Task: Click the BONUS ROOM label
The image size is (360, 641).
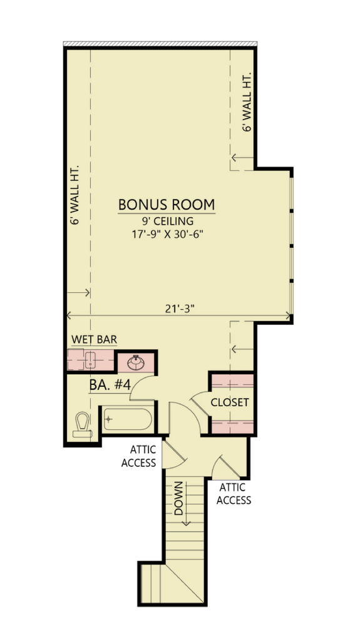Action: [x=167, y=204]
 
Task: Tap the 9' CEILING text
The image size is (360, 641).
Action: [x=167, y=222]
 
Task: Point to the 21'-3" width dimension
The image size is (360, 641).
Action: [x=179, y=309]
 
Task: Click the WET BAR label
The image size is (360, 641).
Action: [x=94, y=339]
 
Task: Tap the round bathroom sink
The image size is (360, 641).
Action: [x=135, y=362]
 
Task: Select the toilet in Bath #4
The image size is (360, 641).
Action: [x=83, y=424]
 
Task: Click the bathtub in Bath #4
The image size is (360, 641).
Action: [x=128, y=419]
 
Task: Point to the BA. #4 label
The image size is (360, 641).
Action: [x=110, y=385]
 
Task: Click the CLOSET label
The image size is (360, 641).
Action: [x=230, y=403]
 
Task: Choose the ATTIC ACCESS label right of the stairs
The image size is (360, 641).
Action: [x=234, y=494]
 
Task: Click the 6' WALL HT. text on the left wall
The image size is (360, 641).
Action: [x=75, y=195]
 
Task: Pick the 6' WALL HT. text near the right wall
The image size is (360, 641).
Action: [x=247, y=102]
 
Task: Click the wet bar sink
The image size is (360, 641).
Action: [x=90, y=360]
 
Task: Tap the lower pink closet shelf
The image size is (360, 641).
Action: [x=232, y=427]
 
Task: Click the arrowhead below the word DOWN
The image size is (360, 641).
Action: [x=187, y=522]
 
